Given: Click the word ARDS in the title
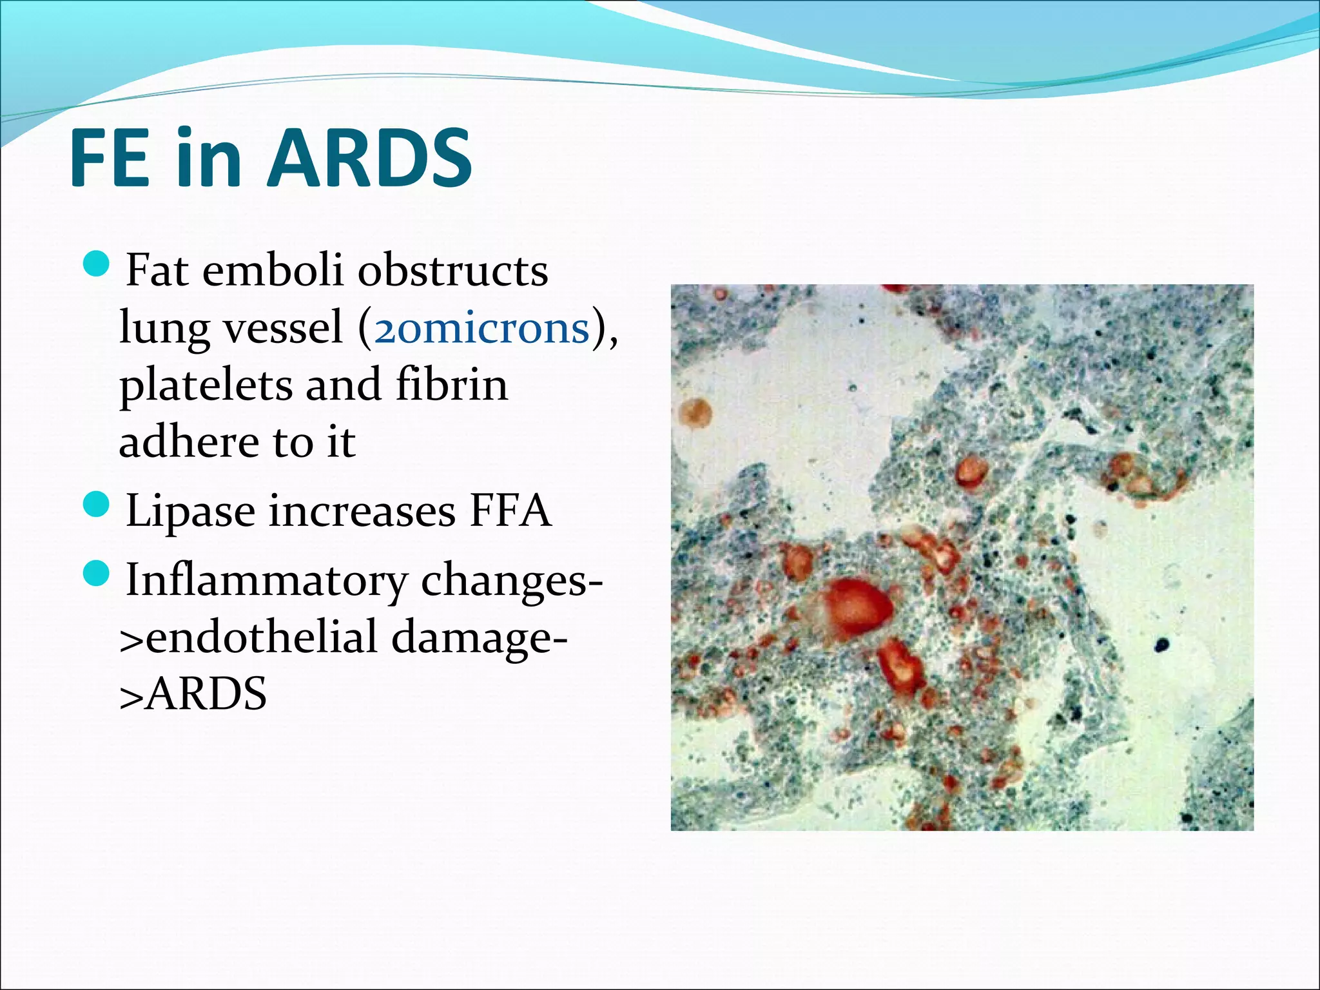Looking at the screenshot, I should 369,158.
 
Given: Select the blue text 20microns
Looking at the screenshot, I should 481,328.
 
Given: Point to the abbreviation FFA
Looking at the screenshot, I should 510,510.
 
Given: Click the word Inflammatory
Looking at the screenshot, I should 266,580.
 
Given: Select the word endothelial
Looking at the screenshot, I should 261,637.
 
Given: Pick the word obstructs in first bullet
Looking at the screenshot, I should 452,271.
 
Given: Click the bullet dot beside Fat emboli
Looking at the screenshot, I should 97,263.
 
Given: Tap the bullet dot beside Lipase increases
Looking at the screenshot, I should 97,504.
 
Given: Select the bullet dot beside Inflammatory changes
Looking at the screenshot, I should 97,573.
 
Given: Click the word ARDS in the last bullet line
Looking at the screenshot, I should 204,694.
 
